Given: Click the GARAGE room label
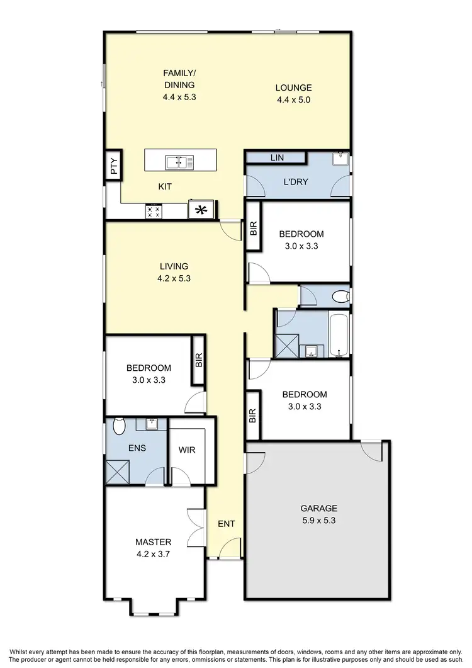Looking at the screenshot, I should point(318,508).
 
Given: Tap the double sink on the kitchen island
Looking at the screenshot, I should point(180,163).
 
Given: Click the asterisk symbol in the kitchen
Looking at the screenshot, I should point(201,210).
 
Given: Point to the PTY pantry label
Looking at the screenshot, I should point(114,167).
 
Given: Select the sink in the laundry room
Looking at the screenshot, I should point(340,159).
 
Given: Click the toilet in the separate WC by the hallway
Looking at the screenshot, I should point(339,295).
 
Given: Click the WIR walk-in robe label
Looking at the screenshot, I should point(186,451).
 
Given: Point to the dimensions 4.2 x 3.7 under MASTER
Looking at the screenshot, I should point(153,554).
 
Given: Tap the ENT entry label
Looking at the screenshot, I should point(226,523).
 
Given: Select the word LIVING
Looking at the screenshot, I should point(174,266).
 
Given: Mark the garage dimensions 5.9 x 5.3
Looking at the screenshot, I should point(318,521).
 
